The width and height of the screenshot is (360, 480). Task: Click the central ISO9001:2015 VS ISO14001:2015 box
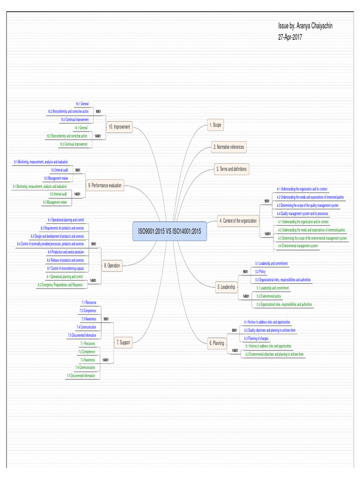tap(170, 231)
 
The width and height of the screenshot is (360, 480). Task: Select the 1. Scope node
tap(215, 125)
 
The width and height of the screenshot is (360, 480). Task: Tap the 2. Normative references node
tap(229, 147)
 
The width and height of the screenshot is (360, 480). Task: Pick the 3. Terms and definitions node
tap(231, 169)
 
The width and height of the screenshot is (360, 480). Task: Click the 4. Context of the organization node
tap(238, 220)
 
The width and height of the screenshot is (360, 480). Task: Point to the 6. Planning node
tap(217, 344)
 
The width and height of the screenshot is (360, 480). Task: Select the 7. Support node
tap(123, 343)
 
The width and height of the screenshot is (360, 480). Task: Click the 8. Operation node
tap(112, 266)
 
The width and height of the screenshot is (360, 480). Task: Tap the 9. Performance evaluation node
tap(105, 186)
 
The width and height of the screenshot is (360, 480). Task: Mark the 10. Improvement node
tap(119, 127)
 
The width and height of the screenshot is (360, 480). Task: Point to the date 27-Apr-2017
tap(290, 37)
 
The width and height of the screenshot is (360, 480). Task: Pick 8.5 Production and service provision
tap(66, 252)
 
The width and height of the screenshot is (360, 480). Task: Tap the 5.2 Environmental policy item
tap(268, 296)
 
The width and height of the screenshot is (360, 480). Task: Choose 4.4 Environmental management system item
tap(298, 246)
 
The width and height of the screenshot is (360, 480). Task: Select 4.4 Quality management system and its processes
tap(302, 213)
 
